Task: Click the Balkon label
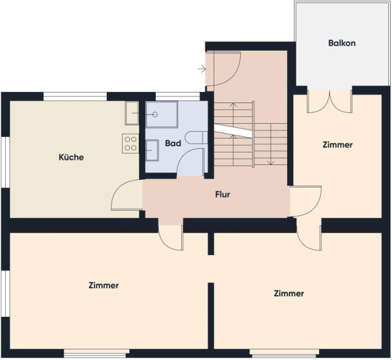tap(342, 43)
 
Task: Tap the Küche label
tap(71, 157)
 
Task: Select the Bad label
tap(173, 144)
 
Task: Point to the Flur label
tap(223, 194)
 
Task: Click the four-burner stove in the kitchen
tap(131, 144)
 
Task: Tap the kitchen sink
tap(132, 113)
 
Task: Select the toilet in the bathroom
tap(196, 137)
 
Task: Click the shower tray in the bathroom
tap(162, 114)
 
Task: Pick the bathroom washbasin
tap(152, 150)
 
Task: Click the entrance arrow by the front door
tap(202, 69)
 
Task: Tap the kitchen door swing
tap(127, 195)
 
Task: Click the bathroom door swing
tap(191, 162)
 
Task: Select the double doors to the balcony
tap(329, 101)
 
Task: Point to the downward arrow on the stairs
tap(271, 144)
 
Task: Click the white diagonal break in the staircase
tap(233, 131)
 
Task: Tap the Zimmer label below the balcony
tap(338, 145)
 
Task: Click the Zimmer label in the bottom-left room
tap(104, 285)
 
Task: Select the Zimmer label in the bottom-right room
tap(289, 293)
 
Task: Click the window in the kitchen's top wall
tap(75, 96)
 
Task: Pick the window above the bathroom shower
tap(178, 96)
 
